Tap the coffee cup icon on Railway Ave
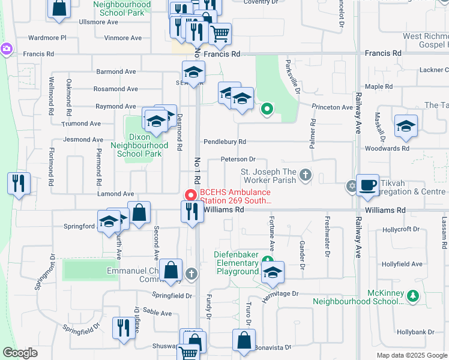pos(367,186)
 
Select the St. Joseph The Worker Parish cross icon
pos(306,175)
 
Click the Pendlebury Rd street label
pos(224,142)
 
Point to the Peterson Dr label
pos(238,160)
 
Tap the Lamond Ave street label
pos(116,194)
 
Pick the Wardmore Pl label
pos(46,37)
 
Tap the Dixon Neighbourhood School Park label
pos(143,145)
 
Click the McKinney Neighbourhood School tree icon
pos(412,295)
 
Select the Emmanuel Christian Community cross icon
pos(191,274)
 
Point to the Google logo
pos(20,353)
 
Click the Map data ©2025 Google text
pos(411,355)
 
